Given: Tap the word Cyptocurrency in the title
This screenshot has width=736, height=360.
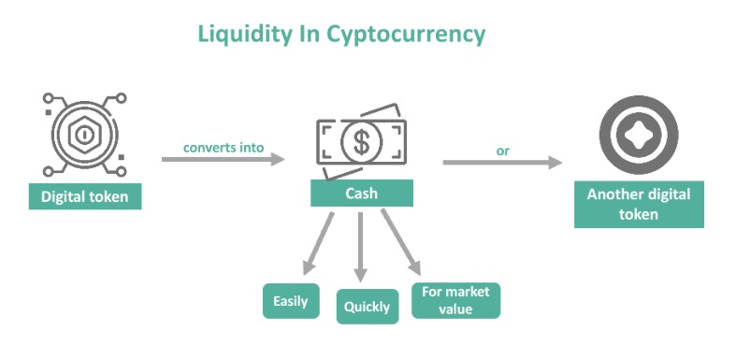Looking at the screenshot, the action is pyautogui.click(x=406, y=35).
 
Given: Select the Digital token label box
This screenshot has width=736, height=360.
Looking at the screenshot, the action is pyautogui.click(x=85, y=196).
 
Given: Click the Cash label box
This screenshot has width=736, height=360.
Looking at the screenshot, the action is pyautogui.click(x=362, y=193).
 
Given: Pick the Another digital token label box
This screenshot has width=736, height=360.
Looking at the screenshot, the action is pyautogui.click(x=639, y=204).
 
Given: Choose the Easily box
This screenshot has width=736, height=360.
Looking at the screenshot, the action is pyautogui.click(x=291, y=301).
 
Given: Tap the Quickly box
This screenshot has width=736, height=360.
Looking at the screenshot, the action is pyautogui.click(x=368, y=307).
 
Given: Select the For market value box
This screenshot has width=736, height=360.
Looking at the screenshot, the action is pyautogui.click(x=455, y=300).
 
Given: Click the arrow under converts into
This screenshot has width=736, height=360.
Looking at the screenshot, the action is pyautogui.click(x=224, y=159).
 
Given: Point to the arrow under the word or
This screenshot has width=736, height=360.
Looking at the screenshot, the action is pyautogui.click(x=503, y=163).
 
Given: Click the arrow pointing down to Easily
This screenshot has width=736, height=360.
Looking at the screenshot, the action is pyautogui.click(x=318, y=244).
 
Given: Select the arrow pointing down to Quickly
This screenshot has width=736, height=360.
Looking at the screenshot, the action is pyautogui.click(x=360, y=247).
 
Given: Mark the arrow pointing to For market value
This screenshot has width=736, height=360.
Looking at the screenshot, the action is pyautogui.click(x=400, y=242).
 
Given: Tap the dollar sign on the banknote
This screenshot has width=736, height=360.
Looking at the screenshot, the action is pyautogui.click(x=361, y=142).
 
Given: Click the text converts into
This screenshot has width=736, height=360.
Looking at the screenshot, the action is pyautogui.click(x=224, y=148).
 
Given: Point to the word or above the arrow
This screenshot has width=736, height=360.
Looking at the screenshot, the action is pyautogui.click(x=503, y=151).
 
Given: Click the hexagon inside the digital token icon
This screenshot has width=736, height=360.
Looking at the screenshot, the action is pyautogui.click(x=85, y=136).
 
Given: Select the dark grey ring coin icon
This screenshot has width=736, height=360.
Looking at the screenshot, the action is pyautogui.click(x=639, y=135).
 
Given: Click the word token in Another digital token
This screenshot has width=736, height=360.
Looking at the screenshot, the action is pyautogui.click(x=639, y=214).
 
